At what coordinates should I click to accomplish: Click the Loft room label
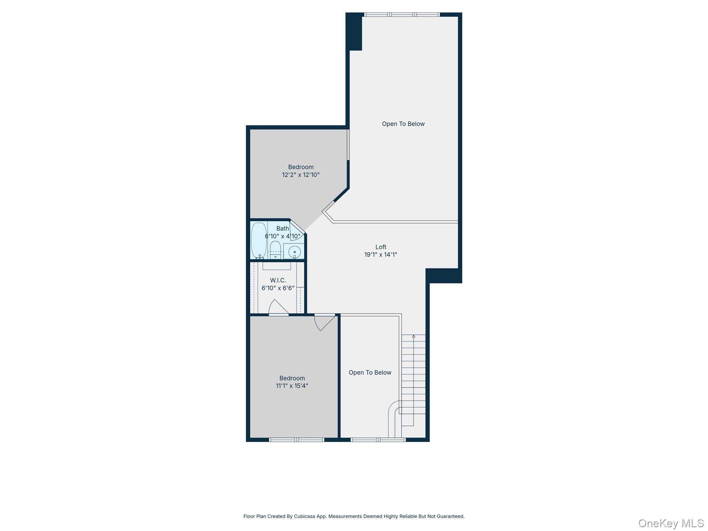[x=381, y=247]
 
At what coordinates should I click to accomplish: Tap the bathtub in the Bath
[x=259, y=240]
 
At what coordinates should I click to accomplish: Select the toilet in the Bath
[x=275, y=250]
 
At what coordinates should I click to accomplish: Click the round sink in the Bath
[x=295, y=252]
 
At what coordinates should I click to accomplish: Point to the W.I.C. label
[x=278, y=280]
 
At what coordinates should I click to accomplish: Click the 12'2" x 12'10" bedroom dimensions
[x=300, y=175]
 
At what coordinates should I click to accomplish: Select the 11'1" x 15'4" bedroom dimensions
[x=292, y=386]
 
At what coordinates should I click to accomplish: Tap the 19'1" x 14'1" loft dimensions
[x=381, y=255]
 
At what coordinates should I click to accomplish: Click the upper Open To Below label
[x=403, y=124]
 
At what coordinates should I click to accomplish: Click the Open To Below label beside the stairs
[x=370, y=372]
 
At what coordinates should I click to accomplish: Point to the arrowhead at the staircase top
[x=413, y=336]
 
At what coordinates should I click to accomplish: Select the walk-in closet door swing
[x=278, y=307]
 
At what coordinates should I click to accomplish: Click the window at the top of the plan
[x=402, y=15]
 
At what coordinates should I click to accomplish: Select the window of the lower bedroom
[x=296, y=440]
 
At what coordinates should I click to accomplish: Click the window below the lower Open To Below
[x=378, y=440]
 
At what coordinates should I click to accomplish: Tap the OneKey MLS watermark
[x=671, y=523]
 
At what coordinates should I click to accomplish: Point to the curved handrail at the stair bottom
[x=393, y=415]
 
